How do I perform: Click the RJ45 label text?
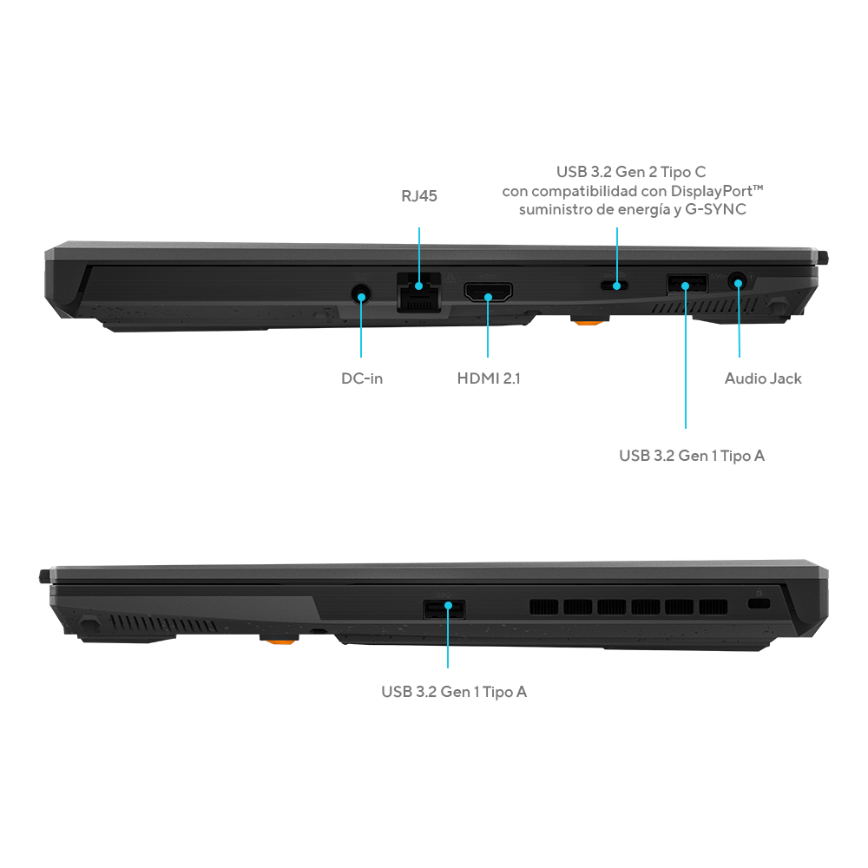coord(419,196)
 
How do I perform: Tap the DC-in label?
coord(362,378)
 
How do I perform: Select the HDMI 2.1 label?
coord(489,378)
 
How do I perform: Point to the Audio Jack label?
coord(763,378)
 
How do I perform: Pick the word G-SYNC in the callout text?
coord(716,209)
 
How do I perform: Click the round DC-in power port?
coord(361,293)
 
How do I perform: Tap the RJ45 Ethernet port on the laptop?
coord(419,293)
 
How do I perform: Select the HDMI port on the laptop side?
coord(488,293)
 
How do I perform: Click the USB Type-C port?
coord(615,286)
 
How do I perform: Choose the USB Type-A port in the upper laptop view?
coord(687,284)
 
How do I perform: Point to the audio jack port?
coord(737,283)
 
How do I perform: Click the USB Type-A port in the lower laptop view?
coord(444,609)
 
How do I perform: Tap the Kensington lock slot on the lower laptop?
coord(759,603)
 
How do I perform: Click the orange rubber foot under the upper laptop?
coord(589,320)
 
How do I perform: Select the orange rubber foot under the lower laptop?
coord(279,641)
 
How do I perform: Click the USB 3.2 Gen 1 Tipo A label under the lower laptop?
coord(454,692)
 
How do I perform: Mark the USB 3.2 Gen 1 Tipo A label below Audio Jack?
coord(692,456)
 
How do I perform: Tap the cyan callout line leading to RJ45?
coord(419,256)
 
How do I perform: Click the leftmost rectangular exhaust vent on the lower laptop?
coord(543,608)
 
